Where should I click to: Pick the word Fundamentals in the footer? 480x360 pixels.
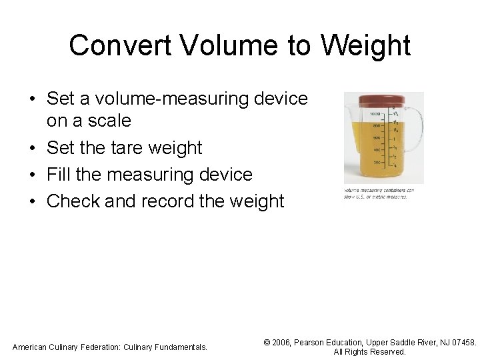click(x=182, y=347)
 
